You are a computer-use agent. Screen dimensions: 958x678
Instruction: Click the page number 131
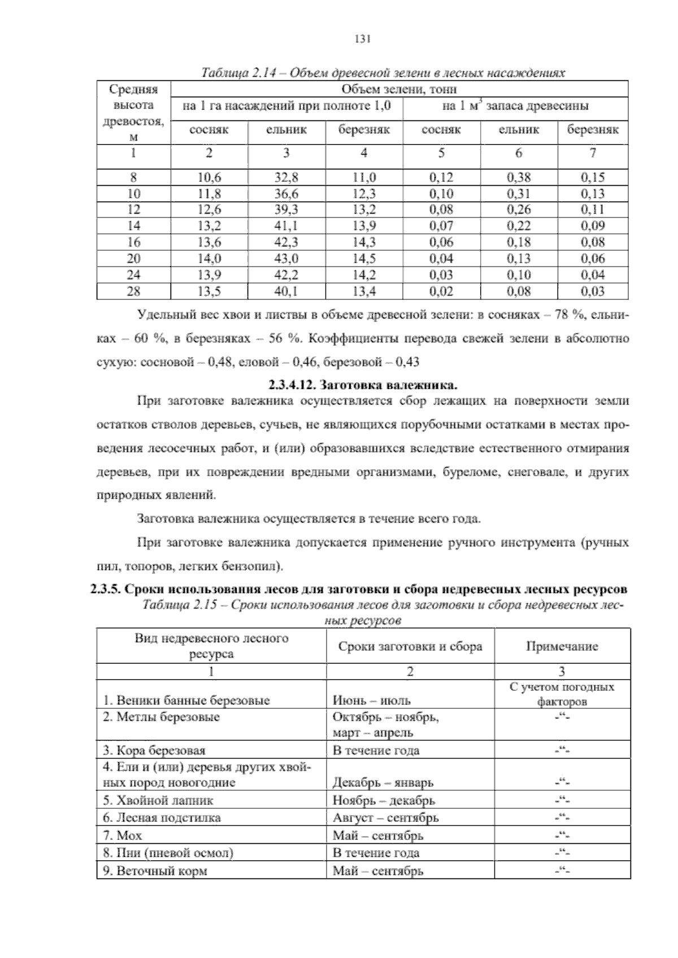(x=362, y=38)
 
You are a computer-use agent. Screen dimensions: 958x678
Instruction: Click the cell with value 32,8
(x=286, y=177)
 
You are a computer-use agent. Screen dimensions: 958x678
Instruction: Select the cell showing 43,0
(x=286, y=259)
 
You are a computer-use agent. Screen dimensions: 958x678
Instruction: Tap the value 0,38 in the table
(x=519, y=177)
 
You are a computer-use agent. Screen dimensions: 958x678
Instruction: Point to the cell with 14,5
(x=364, y=259)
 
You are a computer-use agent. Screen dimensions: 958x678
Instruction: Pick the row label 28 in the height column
(x=133, y=291)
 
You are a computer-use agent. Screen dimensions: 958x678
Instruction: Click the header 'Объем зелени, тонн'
(x=399, y=89)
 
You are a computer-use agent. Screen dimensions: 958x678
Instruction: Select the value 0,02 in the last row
(x=441, y=291)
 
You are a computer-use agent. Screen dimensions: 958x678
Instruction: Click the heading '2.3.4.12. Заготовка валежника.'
(x=362, y=386)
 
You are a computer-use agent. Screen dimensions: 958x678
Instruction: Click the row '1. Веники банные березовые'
(x=186, y=700)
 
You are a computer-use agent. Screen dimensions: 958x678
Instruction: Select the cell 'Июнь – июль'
(x=371, y=700)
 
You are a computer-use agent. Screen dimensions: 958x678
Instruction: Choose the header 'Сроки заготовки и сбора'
(x=410, y=646)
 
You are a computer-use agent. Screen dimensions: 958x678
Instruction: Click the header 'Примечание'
(x=562, y=646)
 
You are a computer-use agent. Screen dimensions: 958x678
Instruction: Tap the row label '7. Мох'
(x=123, y=835)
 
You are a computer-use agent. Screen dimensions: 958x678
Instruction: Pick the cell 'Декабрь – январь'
(x=383, y=783)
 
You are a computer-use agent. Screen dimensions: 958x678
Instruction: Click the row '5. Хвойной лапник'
(x=158, y=800)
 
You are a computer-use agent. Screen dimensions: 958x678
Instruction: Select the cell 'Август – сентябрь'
(x=385, y=818)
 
